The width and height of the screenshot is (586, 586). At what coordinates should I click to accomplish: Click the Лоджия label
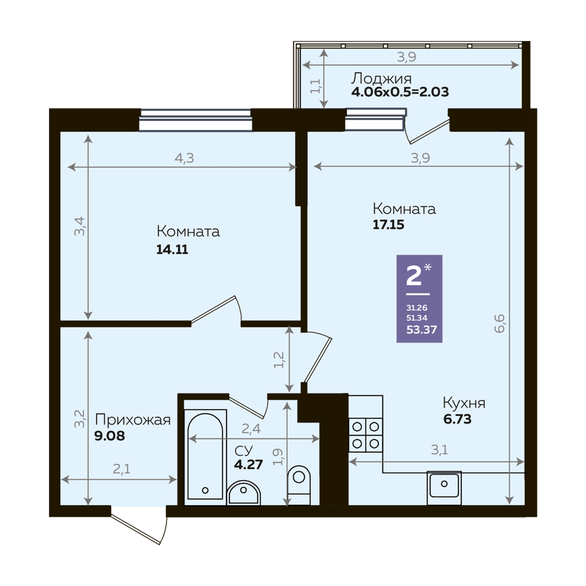381,78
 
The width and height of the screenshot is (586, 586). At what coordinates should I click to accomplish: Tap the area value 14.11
172,250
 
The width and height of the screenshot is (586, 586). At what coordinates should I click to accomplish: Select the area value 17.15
389,224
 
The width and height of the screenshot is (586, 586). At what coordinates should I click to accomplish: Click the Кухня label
464,403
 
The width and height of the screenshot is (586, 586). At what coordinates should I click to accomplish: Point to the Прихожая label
133,419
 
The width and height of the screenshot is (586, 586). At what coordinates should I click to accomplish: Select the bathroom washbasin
243,493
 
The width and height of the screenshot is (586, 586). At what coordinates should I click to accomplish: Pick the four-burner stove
366,435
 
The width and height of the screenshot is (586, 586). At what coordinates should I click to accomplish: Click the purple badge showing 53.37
419,299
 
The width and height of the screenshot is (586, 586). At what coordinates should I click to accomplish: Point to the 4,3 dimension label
184,158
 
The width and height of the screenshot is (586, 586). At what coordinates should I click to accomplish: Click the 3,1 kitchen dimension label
439,450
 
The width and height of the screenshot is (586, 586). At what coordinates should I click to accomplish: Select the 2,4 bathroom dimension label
251,429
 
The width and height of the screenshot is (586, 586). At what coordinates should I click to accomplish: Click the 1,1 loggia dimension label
315,86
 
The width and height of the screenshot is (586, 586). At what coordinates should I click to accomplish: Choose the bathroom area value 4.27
248,464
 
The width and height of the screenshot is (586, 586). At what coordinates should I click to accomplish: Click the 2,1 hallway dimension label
121,469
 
